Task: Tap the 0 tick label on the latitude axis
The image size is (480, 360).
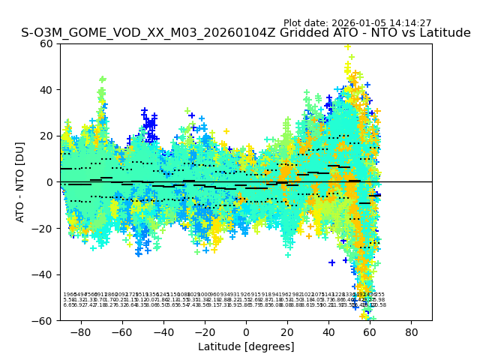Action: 246,331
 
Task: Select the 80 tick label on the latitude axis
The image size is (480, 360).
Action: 412,331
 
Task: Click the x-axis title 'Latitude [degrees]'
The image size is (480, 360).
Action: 246,346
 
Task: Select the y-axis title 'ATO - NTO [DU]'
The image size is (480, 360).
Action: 21,181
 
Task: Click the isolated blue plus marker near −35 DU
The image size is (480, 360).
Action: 331,262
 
